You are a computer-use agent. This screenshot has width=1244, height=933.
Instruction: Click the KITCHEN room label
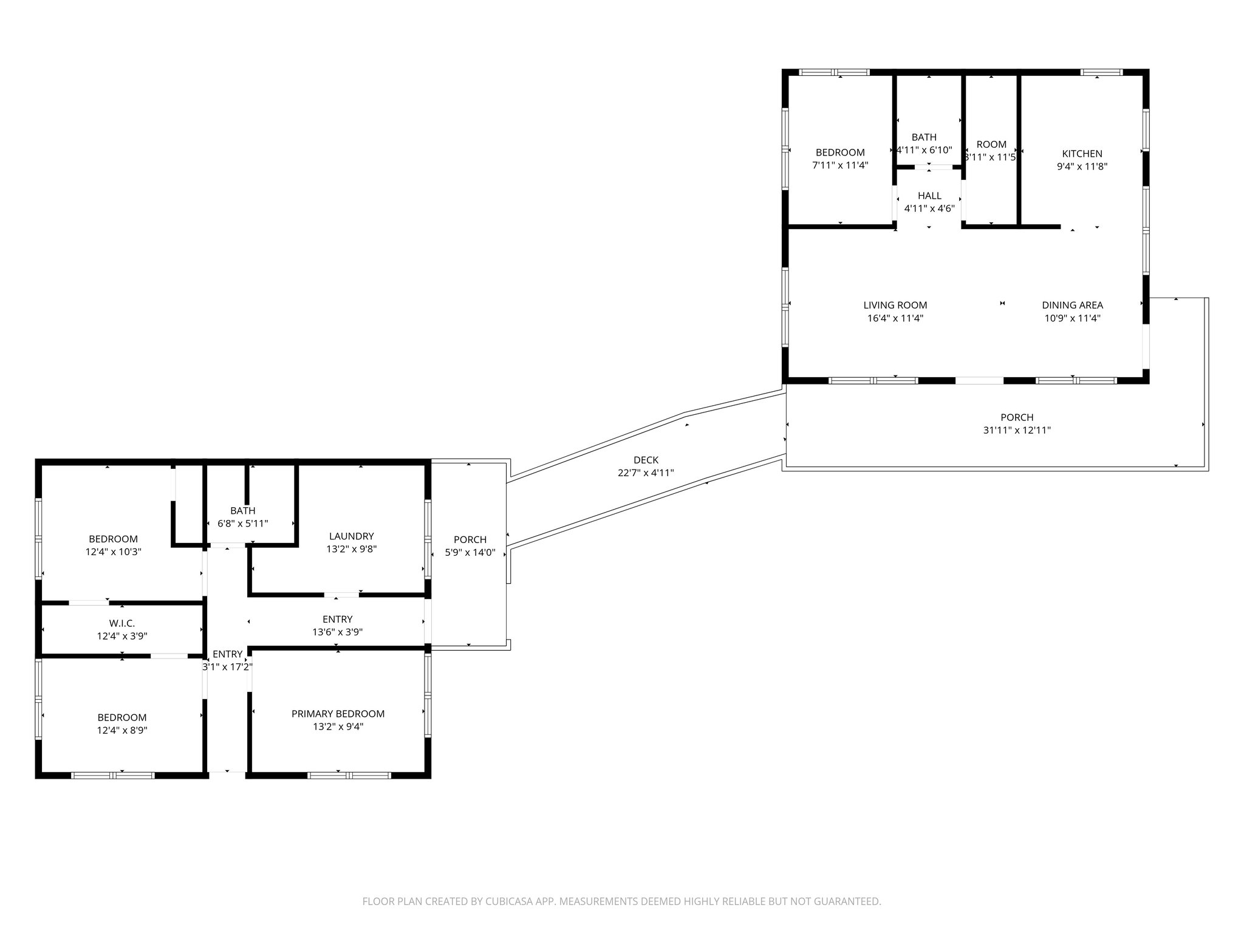(1082, 154)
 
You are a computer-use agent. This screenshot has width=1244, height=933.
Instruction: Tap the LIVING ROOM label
(895, 305)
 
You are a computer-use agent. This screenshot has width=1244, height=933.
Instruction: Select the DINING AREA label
(1072, 305)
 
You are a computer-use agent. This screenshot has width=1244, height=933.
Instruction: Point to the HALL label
(929, 196)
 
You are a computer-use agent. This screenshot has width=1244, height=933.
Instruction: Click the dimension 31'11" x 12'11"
(1017, 430)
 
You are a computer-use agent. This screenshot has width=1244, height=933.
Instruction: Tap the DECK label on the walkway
(646, 460)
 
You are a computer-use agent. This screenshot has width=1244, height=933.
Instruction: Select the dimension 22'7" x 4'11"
(646, 473)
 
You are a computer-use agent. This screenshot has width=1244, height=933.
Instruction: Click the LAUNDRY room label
(351, 536)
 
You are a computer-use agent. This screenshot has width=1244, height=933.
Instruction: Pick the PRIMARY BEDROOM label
(338, 714)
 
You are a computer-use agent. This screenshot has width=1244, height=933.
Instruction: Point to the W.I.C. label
(122, 623)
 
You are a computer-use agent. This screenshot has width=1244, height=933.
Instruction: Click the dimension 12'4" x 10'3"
(114, 552)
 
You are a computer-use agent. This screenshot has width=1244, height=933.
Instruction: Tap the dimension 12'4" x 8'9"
(122, 730)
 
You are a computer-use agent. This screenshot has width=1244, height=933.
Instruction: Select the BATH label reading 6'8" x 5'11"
(242, 511)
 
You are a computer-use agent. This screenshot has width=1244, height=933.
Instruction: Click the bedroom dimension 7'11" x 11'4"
(840, 165)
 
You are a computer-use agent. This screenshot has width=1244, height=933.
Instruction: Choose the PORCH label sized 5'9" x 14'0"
(470, 539)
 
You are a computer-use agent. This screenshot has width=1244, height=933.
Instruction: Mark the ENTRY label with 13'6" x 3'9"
(337, 619)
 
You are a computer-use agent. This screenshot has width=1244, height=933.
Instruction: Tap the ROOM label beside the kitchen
(991, 144)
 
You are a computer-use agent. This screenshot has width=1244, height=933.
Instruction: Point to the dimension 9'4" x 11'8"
(1082, 166)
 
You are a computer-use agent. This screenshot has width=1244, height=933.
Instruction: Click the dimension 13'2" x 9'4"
(338, 726)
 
